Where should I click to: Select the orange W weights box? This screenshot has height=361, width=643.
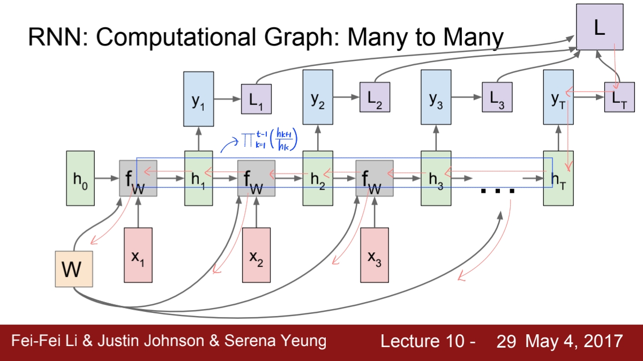point(73,269)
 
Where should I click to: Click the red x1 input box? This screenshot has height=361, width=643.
point(138,255)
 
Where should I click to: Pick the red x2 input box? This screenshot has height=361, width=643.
point(256,255)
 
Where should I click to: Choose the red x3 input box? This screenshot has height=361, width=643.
point(375,255)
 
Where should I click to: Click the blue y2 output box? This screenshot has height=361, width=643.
point(318,97)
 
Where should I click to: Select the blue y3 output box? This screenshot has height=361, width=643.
point(436,97)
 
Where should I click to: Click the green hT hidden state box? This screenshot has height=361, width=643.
point(558,178)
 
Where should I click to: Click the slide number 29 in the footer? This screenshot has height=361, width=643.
point(506,342)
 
